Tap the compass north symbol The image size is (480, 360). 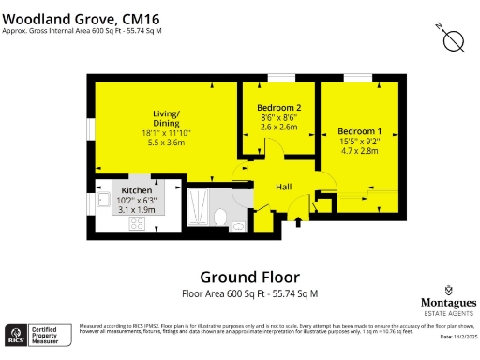coord(453,38)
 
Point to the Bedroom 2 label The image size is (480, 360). coord(279,109)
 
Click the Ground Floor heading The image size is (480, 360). coord(249,277)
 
